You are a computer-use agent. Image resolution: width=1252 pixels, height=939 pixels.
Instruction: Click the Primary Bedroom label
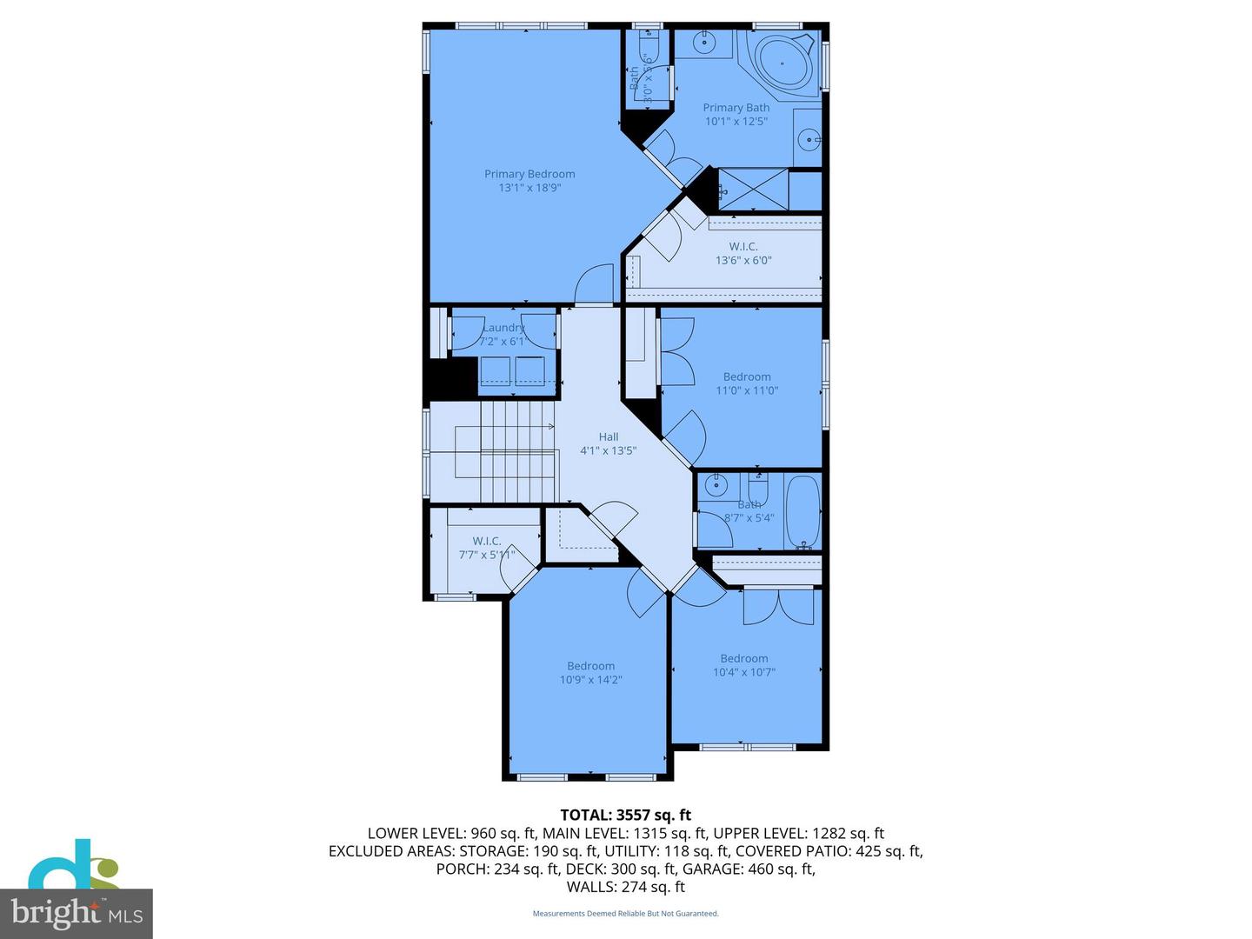point(529,174)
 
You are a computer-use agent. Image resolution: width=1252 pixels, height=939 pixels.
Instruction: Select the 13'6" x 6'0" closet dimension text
point(743,260)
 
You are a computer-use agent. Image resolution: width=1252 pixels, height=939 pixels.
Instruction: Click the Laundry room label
point(503,328)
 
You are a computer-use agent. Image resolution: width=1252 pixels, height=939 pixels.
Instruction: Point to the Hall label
point(609,436)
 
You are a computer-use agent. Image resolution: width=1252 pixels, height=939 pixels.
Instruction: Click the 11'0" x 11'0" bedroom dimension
point(747,390)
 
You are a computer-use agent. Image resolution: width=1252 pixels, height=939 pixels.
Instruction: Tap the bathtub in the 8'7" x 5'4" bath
point(802,512)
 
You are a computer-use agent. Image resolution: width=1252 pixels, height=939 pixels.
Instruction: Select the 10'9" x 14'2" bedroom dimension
point(590,680)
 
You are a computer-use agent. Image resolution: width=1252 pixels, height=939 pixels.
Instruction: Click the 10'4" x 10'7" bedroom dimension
point(744,672)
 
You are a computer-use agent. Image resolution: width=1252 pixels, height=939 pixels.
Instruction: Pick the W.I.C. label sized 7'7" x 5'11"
point(487,541)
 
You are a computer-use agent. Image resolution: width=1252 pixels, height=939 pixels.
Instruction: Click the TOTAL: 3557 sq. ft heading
point(625,815)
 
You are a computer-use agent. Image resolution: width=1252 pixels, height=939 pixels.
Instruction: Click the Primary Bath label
point(736,108)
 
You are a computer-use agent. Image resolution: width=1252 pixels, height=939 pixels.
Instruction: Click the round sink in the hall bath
point(716,485)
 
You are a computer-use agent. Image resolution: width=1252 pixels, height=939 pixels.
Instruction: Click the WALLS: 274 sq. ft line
point(625,887)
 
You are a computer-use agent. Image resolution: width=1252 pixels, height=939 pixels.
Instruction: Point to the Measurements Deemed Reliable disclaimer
point(625,914)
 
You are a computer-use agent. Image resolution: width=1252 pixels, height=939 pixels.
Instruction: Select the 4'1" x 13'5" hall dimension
point(609,450)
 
